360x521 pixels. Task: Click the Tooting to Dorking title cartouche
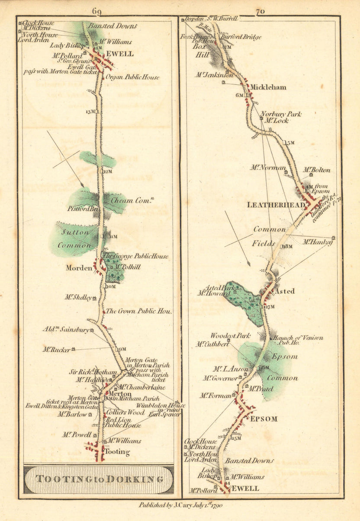coord(99,479)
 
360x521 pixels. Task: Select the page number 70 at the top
coord(260,12)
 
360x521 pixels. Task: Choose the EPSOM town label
coord(263,419)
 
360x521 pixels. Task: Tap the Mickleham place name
coord(268,87)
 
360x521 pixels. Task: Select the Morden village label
coord(79,268)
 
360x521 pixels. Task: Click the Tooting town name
coord(118,452)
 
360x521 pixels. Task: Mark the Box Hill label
coord(201,50)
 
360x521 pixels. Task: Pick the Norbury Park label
coord(281,114)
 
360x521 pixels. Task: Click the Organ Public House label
coord(132,77)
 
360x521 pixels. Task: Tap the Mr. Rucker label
coord(56,349)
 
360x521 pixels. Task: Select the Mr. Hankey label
coord(317,242)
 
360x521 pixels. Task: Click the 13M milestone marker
coord(90,112)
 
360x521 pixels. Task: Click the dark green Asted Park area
coord(245,303)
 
